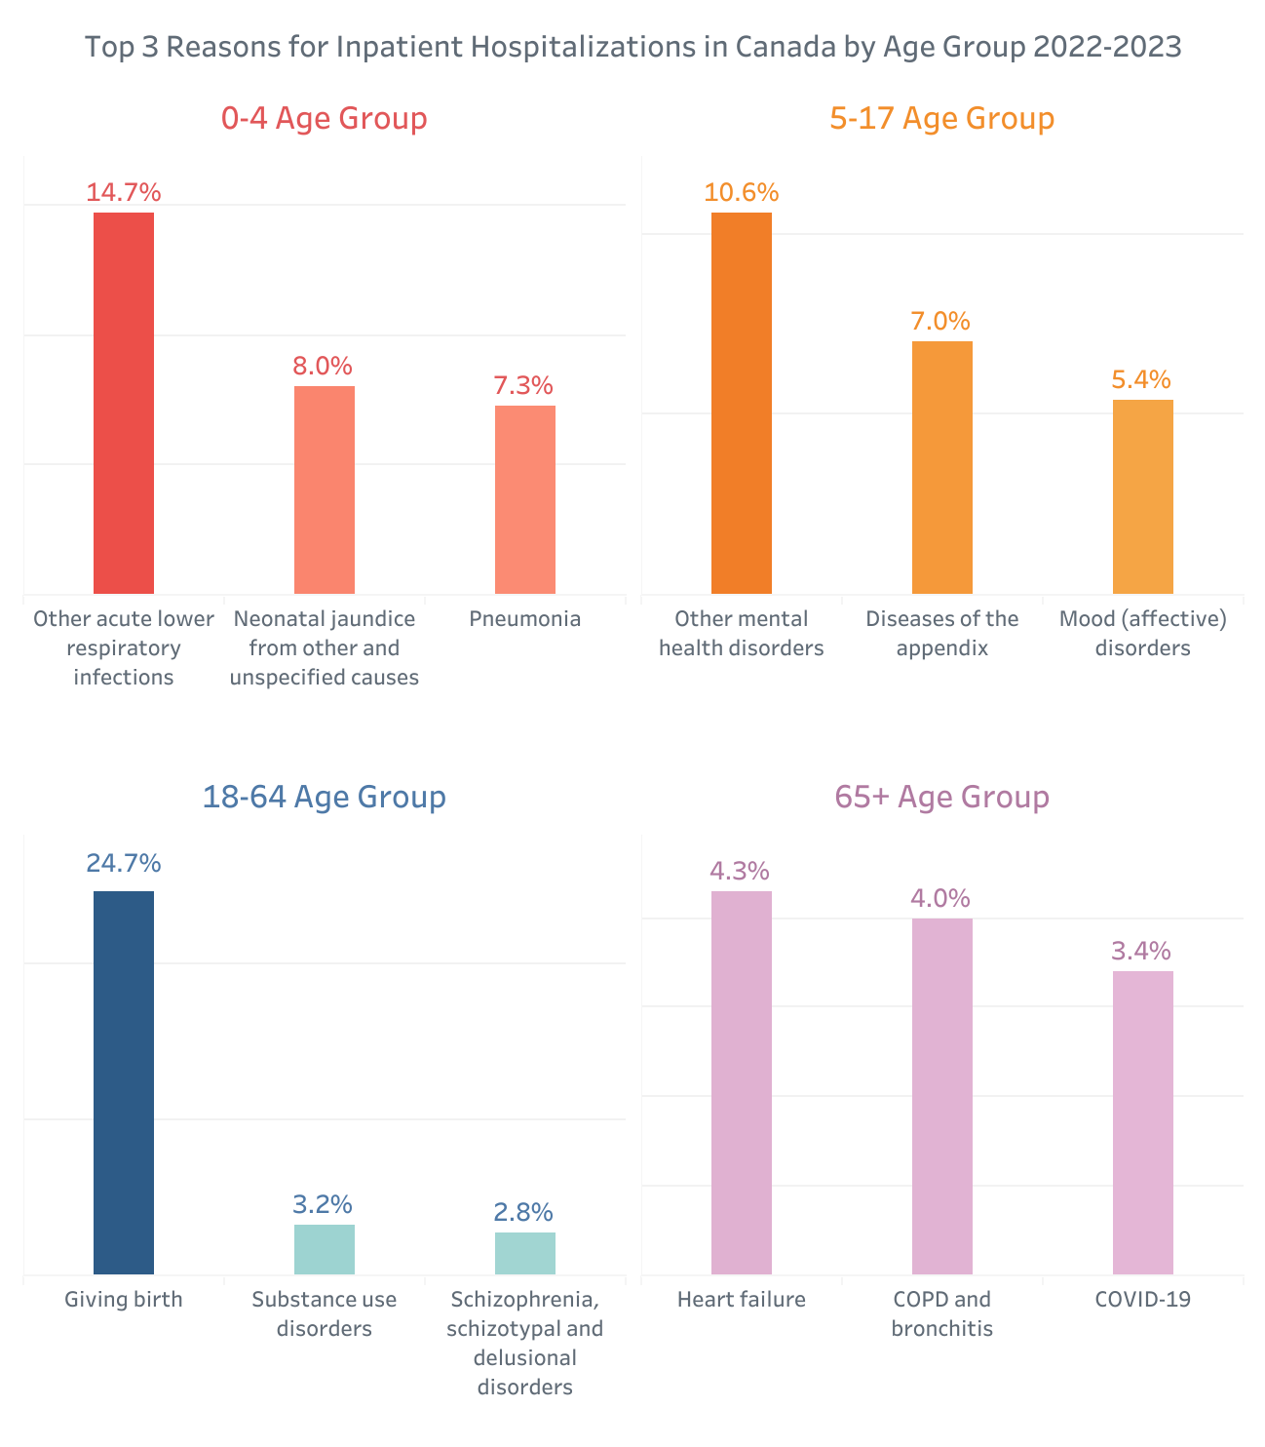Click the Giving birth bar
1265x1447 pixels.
coord(124,1082)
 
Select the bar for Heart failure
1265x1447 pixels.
coord(741,1082)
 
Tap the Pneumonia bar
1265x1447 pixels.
coord(525,499)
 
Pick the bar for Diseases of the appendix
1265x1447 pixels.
coord(942,467)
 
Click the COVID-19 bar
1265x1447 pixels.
coord(1143,1122)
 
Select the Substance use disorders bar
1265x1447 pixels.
coord(325,1249)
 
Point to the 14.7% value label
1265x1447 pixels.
coord(124,192)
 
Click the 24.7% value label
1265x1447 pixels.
coord(124,863)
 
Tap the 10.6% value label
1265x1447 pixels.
coord(742,192)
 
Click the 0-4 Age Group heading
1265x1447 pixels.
coord(325,118)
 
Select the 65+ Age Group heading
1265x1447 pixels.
coord(942,797)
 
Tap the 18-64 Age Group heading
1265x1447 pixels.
coord(325,797)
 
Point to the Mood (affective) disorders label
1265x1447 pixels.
coord(1143,633)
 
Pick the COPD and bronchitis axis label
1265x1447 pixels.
coord(942,1313)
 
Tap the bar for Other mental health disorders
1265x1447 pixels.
coord(742,403)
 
